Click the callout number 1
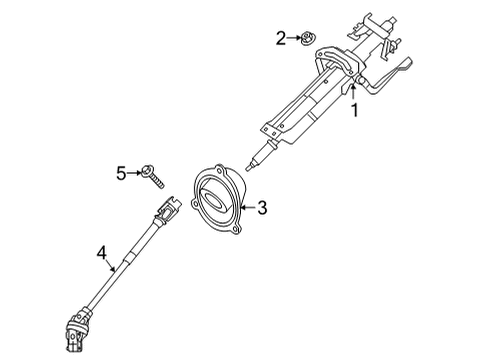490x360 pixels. click(355, 110)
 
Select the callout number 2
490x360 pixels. click(281, 38)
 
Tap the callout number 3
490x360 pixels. click(262, 208)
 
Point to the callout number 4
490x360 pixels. click(101, 253)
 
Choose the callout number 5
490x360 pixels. click(121, 173)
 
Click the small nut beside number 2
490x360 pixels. click(308, 38)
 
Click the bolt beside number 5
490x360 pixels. click(153, 177)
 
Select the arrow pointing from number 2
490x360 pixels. click(294, 38)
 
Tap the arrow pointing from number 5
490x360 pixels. click(134, 173)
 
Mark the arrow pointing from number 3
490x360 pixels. click(248, 208)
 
